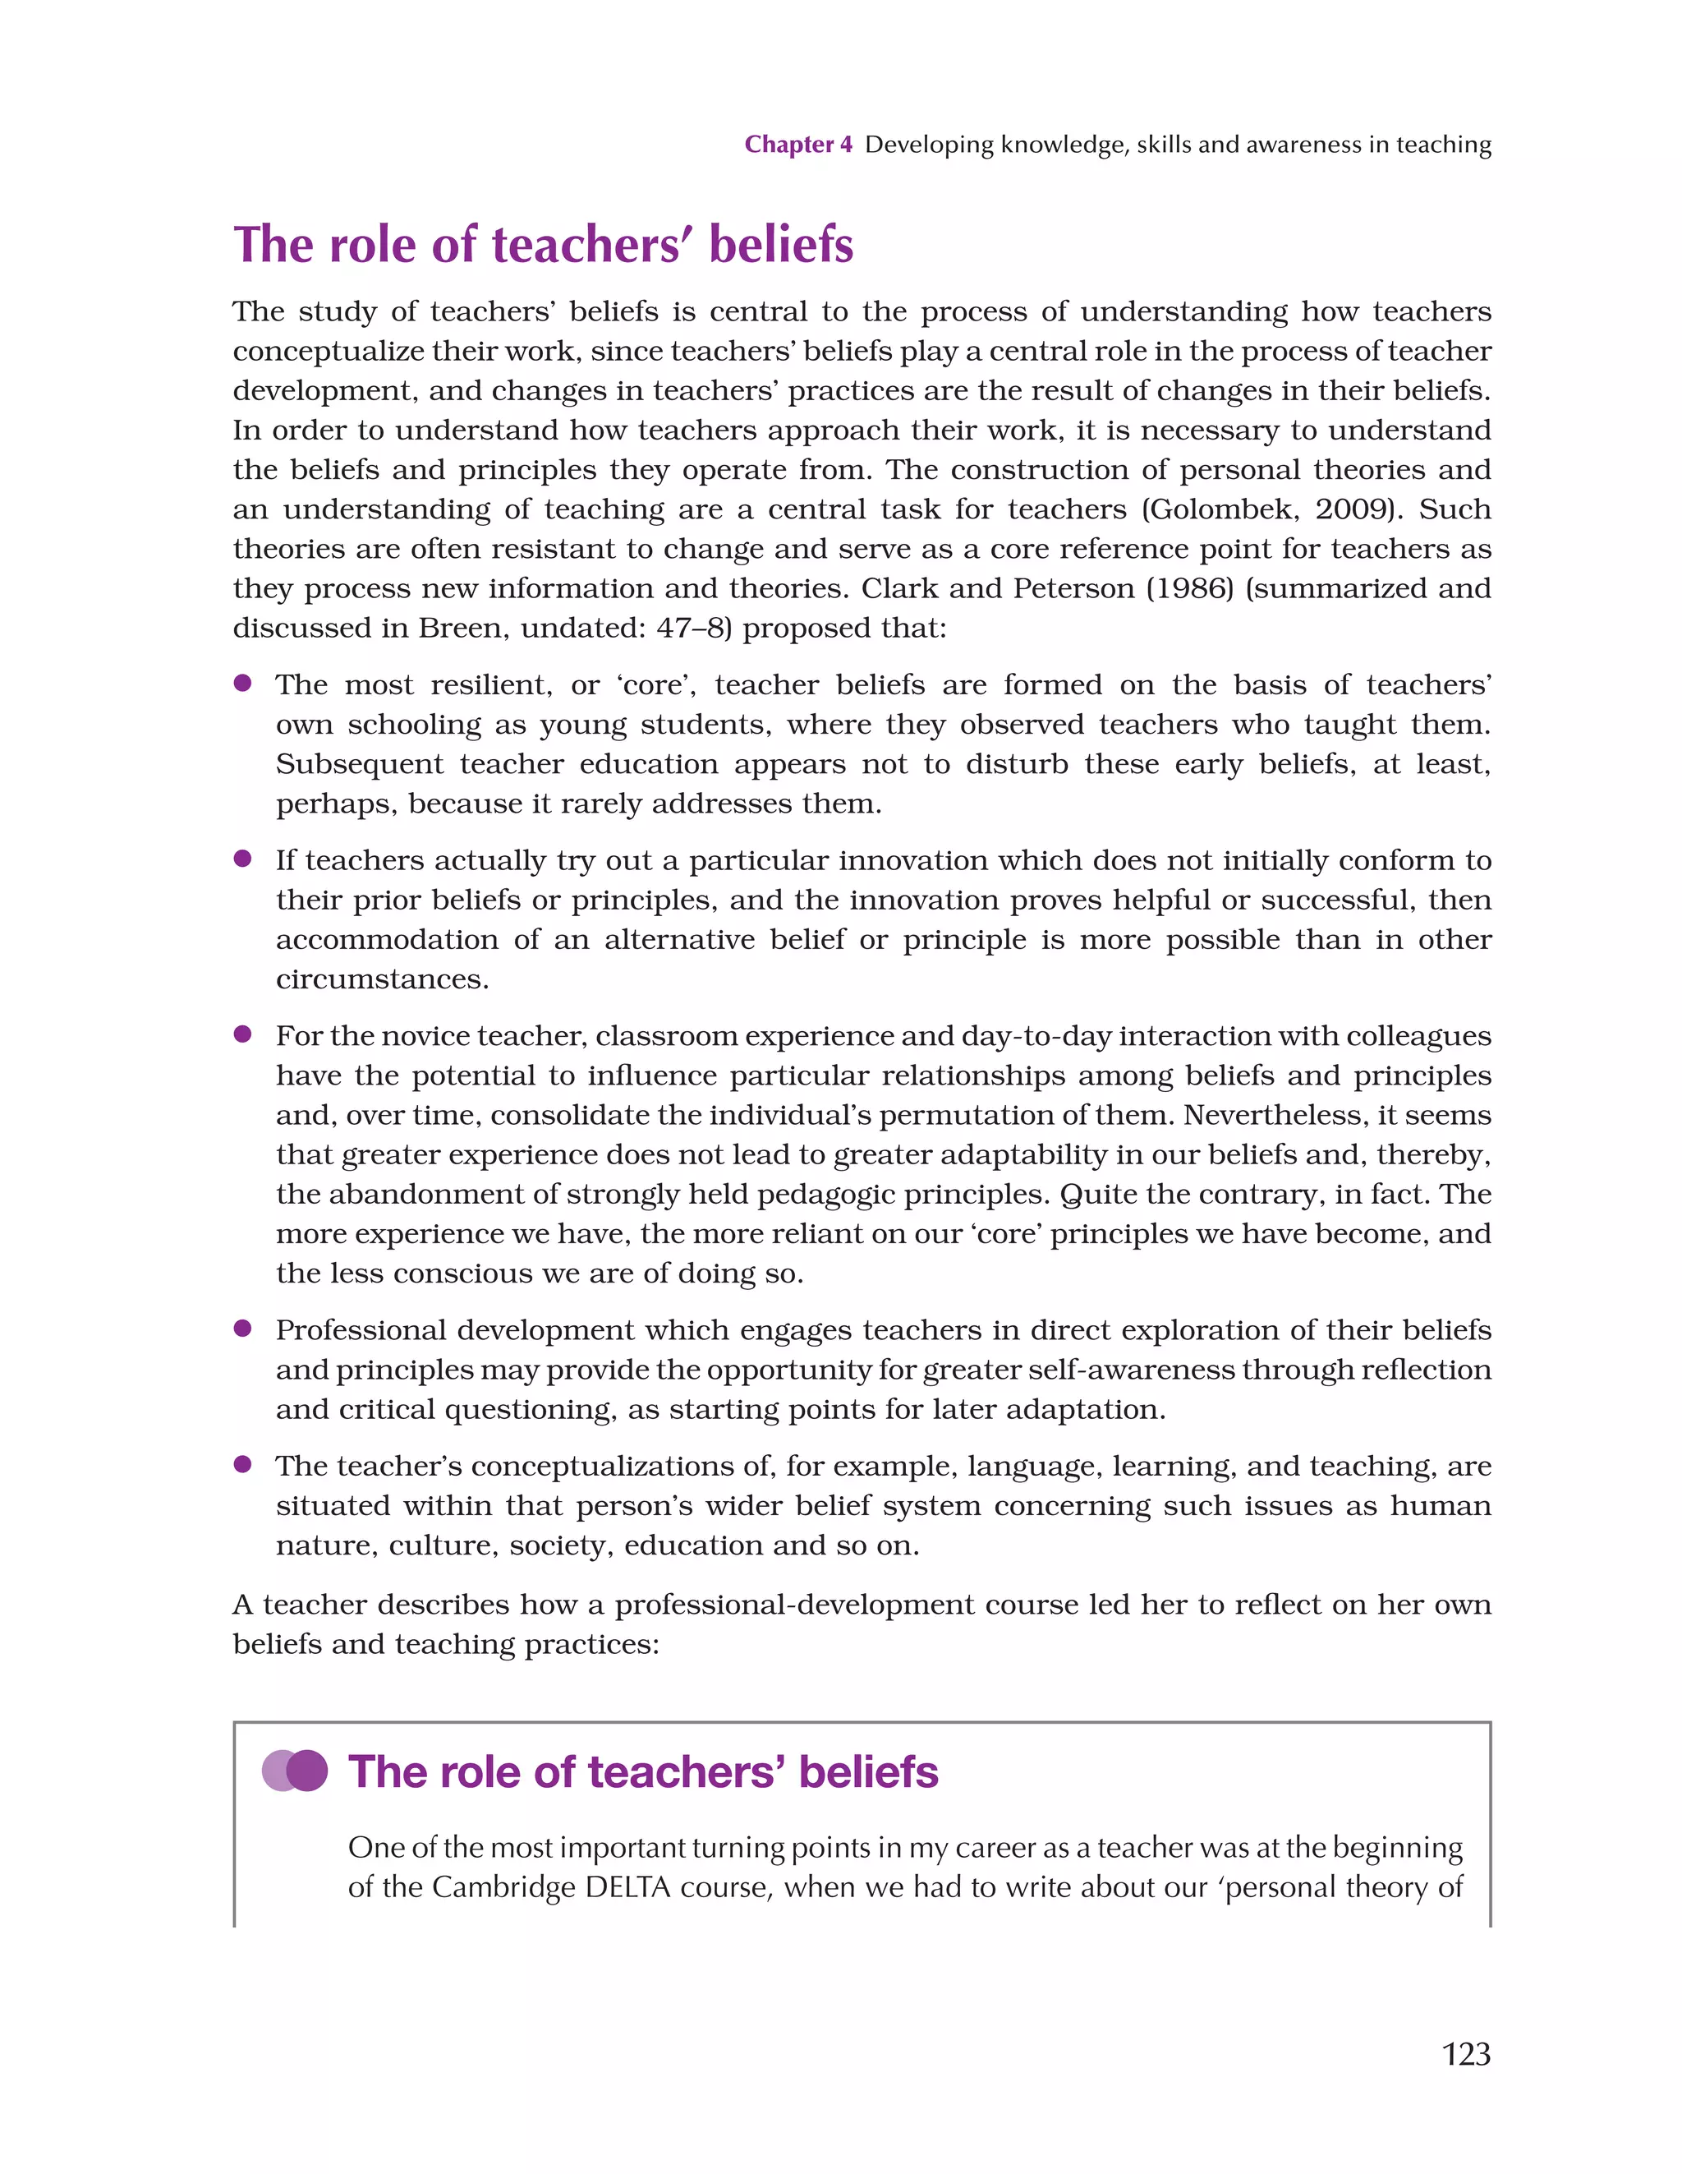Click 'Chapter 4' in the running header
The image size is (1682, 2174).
click(x=798, y=145)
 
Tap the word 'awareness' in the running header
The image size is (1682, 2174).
click(x=1304, y=145)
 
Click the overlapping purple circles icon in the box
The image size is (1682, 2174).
click(x=295, y=1771)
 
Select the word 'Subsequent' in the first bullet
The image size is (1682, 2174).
click(x=359, y=764)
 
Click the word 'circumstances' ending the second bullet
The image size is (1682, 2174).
click(x=381, y=979)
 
